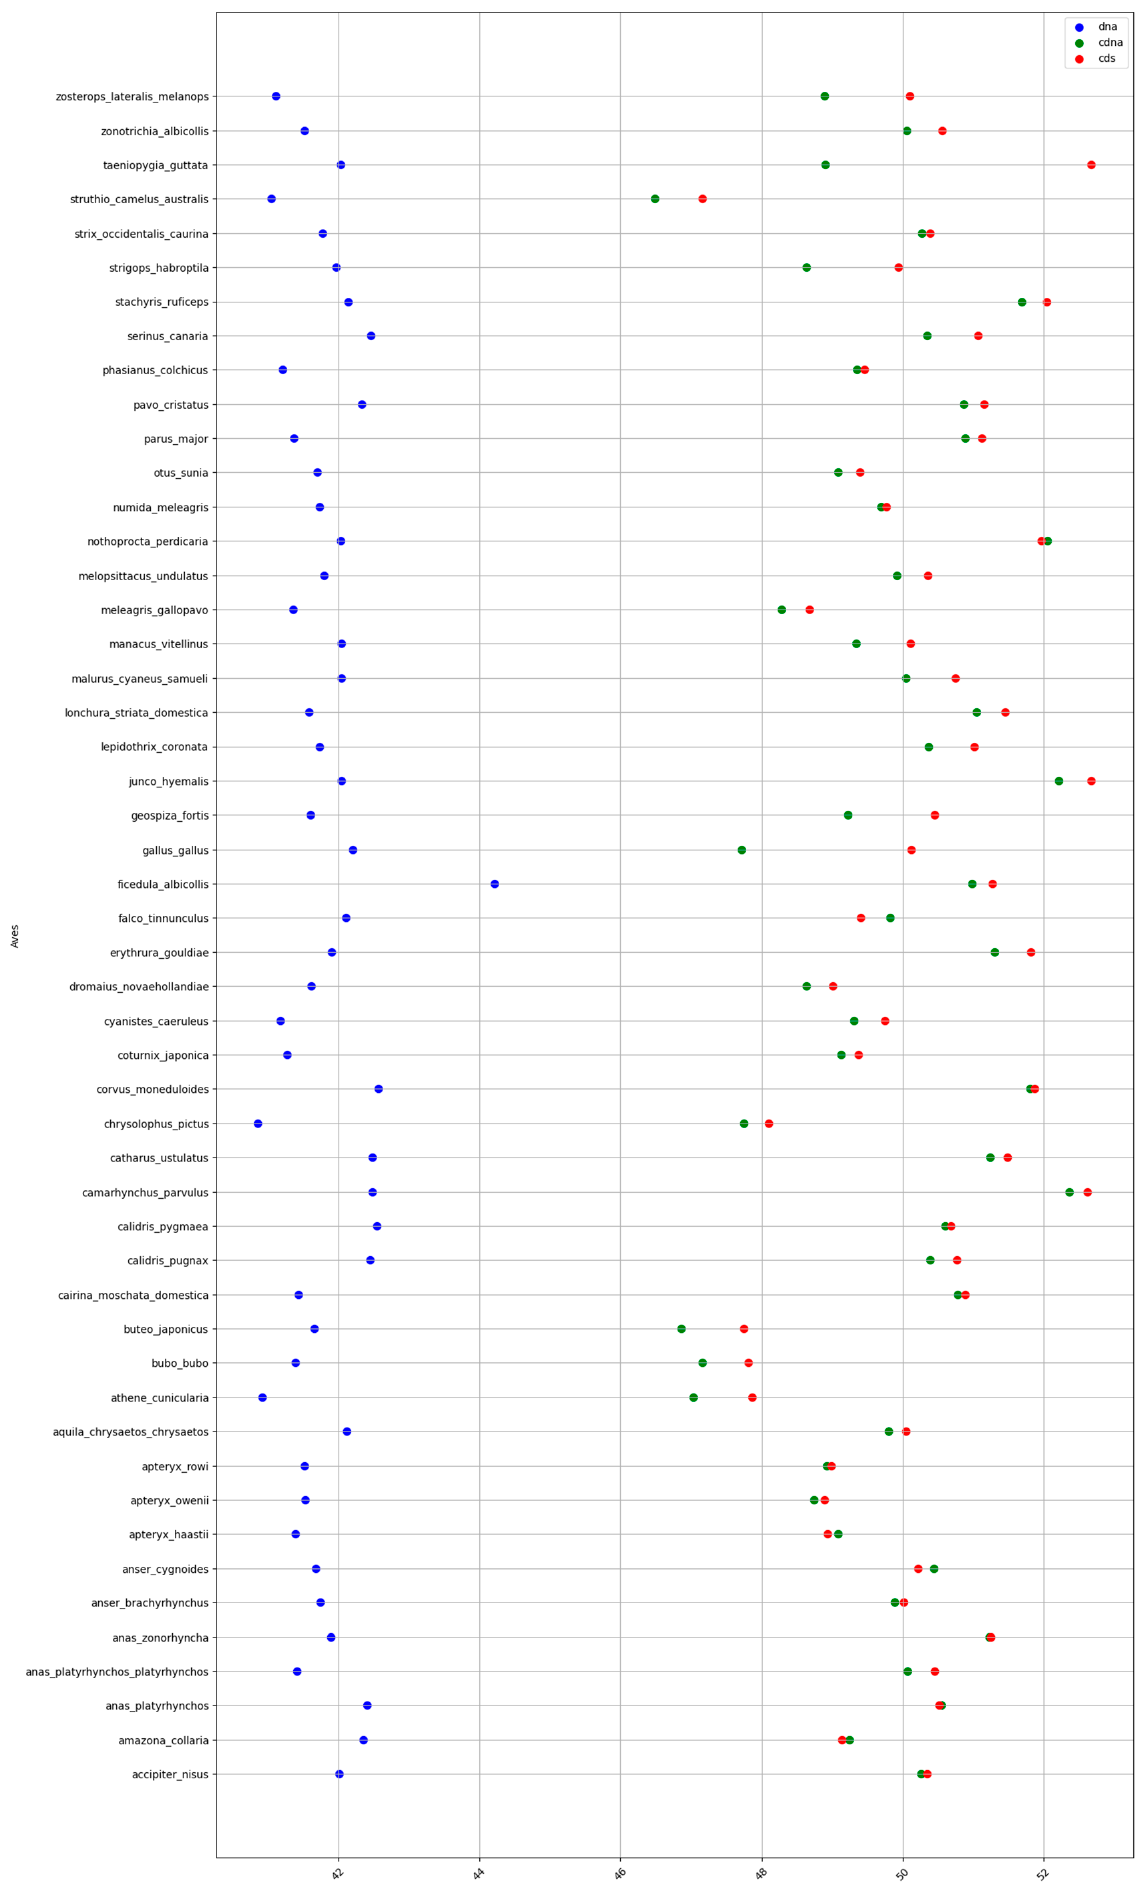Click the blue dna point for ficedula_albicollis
[x=494, y=884]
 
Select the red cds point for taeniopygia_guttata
[x=1091, y=165]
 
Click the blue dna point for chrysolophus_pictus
[x=258, y=1124]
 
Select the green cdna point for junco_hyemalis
[x=1058, y=781]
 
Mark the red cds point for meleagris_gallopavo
[x=809, y=610]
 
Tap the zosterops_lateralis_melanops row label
[x=132, y=97]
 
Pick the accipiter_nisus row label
[x=170, y=1774]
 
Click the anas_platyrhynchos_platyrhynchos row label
[x=117, y=1671]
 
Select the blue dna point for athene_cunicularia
[x=262, y=1398]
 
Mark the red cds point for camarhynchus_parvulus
[x=1087, y=1192]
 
